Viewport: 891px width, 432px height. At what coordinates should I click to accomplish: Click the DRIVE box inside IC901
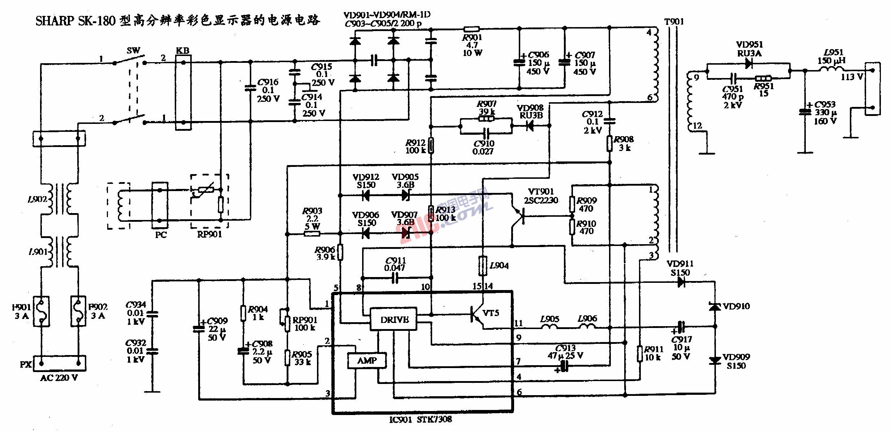click(x=394, y=319)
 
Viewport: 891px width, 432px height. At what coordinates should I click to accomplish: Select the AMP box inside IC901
click(x=367, y=360)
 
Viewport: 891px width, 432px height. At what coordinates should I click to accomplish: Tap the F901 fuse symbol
click(x=42, y=311)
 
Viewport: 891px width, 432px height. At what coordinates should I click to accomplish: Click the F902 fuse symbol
click(x=78, y=311)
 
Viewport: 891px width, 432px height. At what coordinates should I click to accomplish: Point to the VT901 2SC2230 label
click(x=540, y=196)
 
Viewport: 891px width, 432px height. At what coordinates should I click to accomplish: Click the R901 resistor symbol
click(x=471, y=29)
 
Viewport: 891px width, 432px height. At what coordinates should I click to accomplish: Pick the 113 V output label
click(x=852, y=77)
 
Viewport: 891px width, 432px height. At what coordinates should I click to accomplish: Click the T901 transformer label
click(x=674, y=22)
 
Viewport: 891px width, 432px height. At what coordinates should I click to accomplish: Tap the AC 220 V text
click(x=59, y=378)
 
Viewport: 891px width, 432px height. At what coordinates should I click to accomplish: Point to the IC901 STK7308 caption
click(x=420, y=420)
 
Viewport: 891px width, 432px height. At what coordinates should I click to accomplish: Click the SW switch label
click(x=133, y=51)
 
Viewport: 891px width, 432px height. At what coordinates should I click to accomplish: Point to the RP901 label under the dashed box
click(x=209, y=234)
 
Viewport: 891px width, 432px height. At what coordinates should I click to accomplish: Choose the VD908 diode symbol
click(x=530, y=126)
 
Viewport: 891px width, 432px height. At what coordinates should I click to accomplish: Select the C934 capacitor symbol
click(x=152, y=314)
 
